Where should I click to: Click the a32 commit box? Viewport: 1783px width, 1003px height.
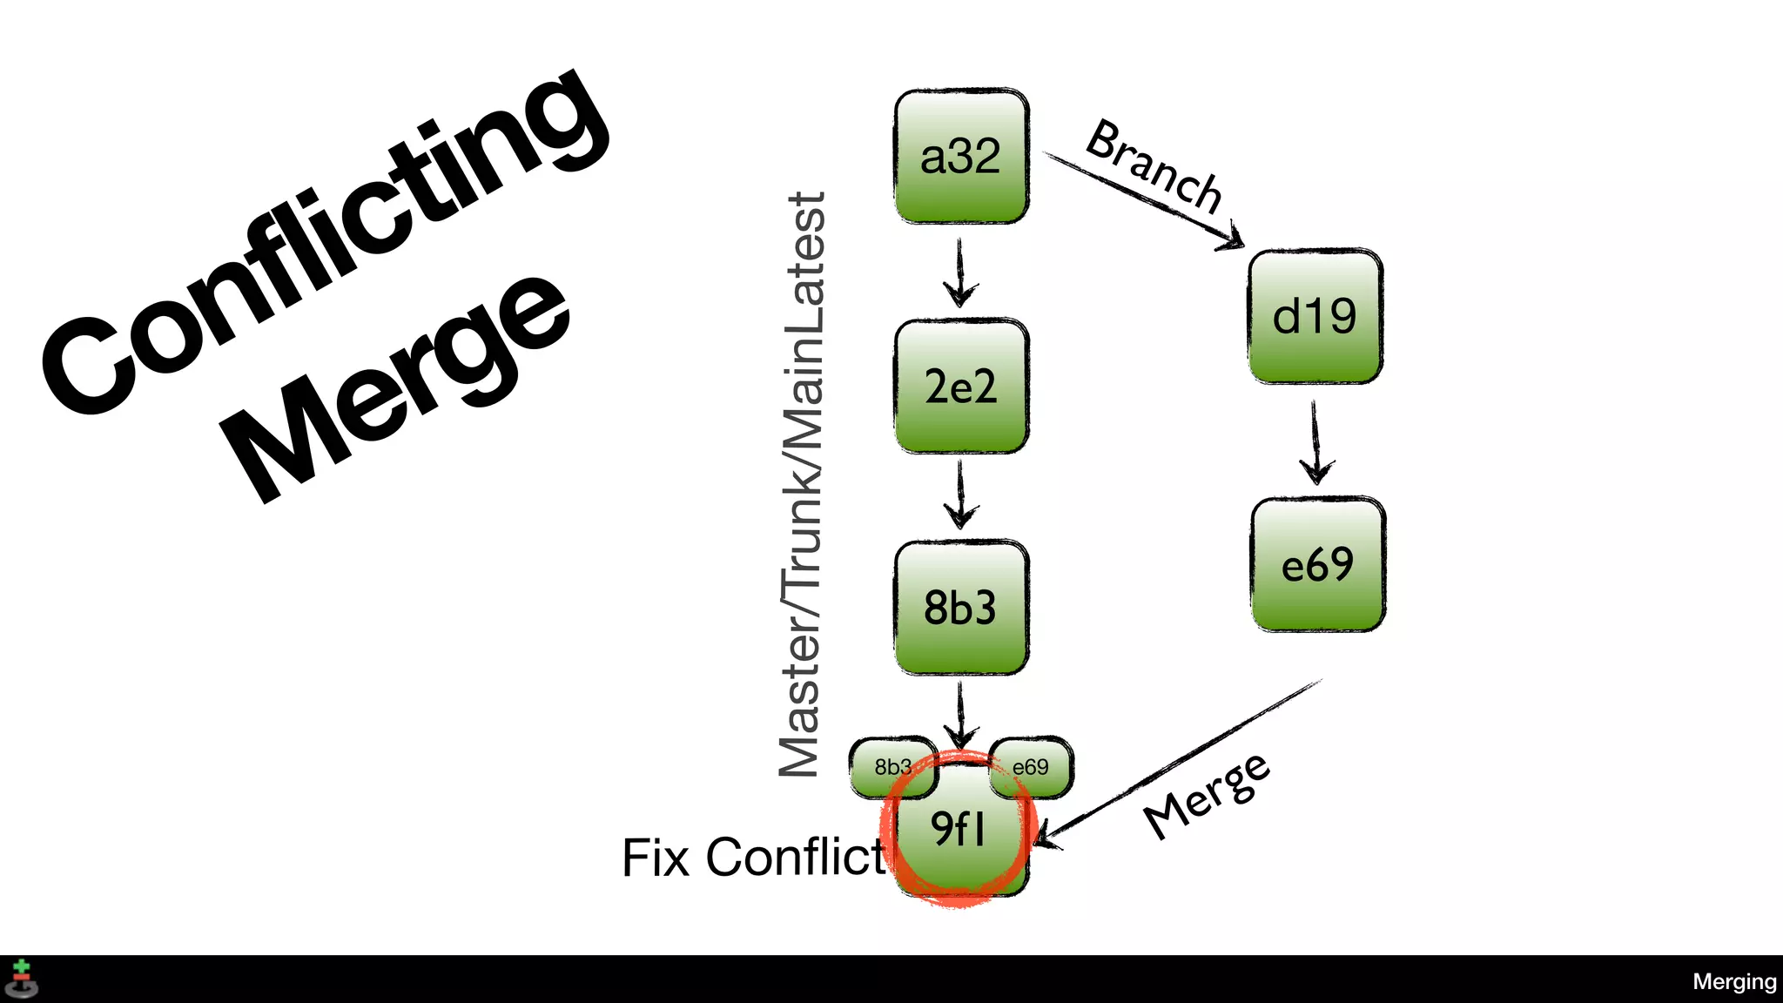pos(961,157)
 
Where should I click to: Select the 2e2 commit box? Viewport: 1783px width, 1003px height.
pos(961,386)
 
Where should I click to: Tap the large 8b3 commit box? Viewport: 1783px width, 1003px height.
pos(961,607)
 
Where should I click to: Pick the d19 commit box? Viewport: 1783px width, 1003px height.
pos(1315,316)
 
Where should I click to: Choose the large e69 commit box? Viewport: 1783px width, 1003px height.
pos(1317,564)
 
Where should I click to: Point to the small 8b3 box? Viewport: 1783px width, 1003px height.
pos(889,766)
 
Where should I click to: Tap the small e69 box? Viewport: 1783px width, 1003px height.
pos(1033,766)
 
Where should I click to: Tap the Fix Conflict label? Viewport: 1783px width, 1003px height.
pos(753,858)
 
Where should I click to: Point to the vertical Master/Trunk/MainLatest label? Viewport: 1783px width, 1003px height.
pos(802,484)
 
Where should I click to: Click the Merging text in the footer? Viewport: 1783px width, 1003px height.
pos(1733,982)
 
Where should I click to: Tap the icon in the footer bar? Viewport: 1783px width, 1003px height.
pos(22,979)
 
